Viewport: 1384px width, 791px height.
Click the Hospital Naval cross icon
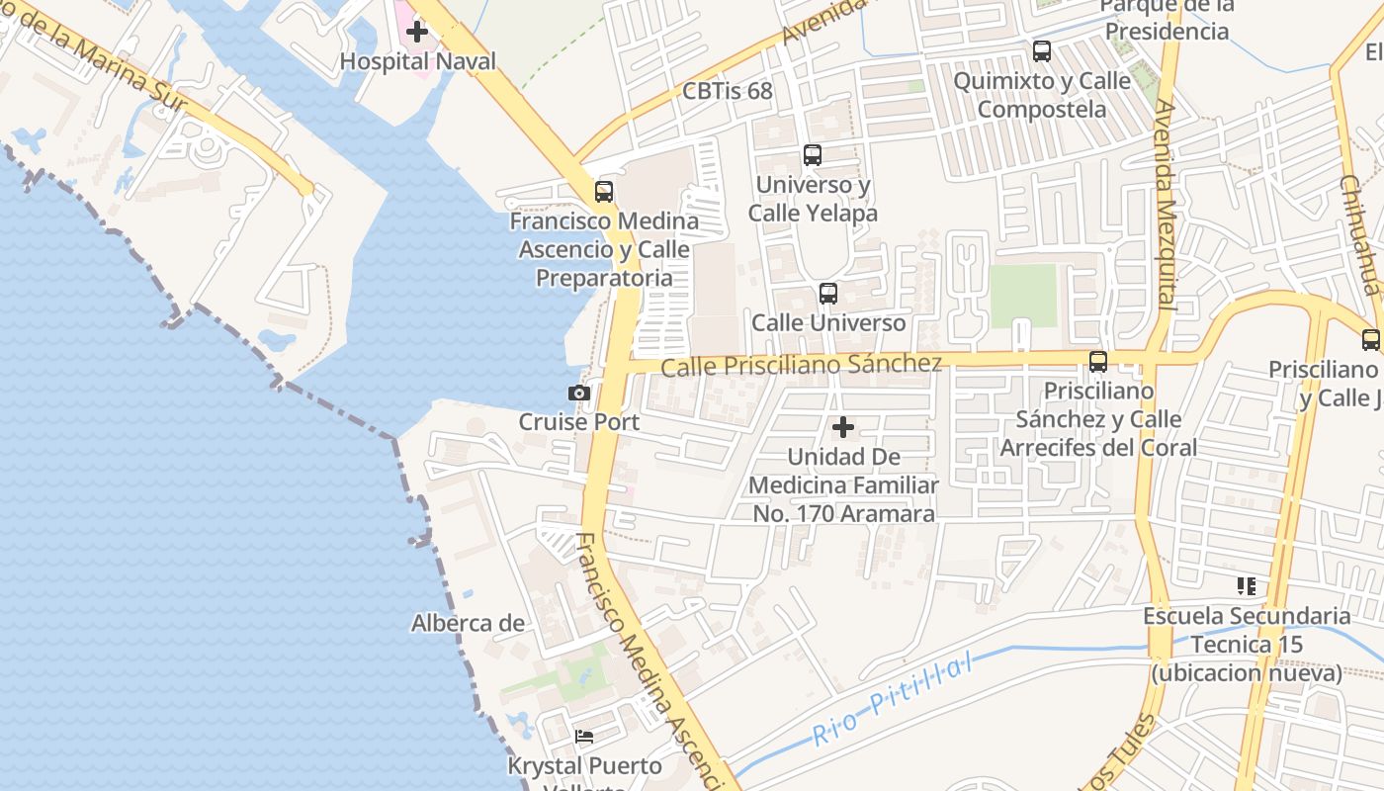[417, 31]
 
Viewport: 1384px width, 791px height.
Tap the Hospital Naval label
[417, 61]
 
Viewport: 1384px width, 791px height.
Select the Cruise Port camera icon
[579, 393]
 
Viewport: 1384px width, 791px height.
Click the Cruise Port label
[579, 422]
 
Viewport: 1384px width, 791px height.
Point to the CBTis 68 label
[727, 91]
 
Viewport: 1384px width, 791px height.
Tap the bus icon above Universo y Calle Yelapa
[813, 155]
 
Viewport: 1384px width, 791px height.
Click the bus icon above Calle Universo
[828, 294]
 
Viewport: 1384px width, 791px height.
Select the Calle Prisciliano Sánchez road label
[801, 365]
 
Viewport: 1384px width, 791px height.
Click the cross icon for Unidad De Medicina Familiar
[843, 427]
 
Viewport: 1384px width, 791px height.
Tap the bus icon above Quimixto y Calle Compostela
[1042, 51]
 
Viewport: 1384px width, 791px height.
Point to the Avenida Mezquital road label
[1168, 205]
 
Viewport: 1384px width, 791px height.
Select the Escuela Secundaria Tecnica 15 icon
[1247, 586]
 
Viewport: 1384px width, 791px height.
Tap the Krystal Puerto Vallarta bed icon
[584, 737]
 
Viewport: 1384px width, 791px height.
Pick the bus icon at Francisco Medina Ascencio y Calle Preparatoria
[603, 192]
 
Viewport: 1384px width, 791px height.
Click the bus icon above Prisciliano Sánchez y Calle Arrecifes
[1098, 362]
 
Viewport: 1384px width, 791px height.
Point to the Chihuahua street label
[1358, 235]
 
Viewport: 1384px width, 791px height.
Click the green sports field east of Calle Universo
[1023, 296]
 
